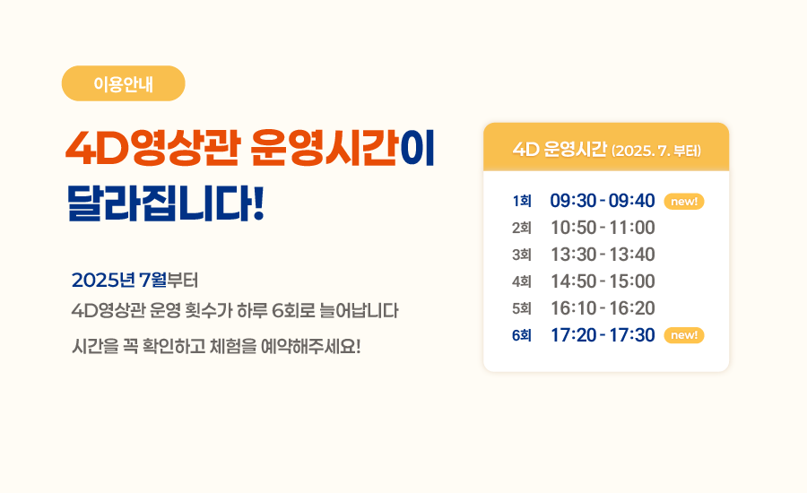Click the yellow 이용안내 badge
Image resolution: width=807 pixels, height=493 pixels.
click(x=123, y=83)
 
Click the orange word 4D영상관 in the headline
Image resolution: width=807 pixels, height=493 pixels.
click(x=152, y=149)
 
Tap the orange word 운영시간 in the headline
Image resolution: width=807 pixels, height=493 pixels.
click(x=325, y=149)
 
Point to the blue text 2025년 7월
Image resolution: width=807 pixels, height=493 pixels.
click(x=119, y=281)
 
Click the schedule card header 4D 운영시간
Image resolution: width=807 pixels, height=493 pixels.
click(x=560, y=149)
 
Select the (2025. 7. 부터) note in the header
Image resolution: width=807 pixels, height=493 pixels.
click(x=656, y=151)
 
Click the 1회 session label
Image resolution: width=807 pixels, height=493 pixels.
click(x=522, y=201)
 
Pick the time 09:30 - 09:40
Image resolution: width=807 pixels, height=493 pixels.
click(x=603, y=201)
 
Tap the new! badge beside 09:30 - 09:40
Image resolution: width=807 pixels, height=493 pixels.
click(x=684, y=201)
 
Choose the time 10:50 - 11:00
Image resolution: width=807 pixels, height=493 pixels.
click(x=603, y=228)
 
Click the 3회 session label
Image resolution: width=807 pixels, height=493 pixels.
click(x=522, y=255)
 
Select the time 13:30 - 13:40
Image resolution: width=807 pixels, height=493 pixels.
click(x=603, y=255)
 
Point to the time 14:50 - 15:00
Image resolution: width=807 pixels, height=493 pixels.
click(x=603, y=281)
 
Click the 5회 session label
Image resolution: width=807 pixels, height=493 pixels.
click(x=522, y=308)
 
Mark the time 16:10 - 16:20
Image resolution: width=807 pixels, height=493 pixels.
click(x=603, y=308)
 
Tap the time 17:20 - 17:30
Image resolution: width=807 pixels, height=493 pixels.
click(x=603, y=335)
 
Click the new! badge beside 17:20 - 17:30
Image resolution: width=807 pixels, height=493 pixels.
click(x=684, y=335)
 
